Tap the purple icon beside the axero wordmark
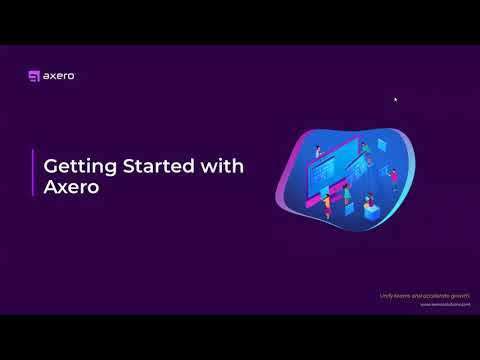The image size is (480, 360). click(x=35, y=75)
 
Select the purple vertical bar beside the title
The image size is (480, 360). click(x=33, y=175)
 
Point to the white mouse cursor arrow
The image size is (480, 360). click(x=395, y=99)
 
